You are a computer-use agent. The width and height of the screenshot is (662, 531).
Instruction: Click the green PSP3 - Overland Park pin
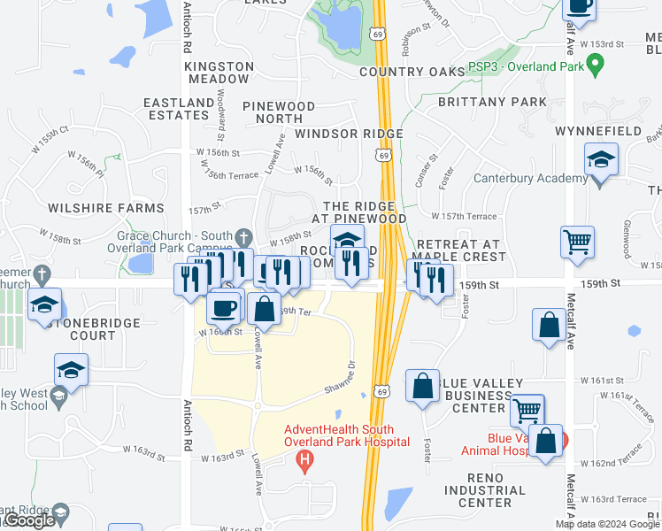pyautogui.click(x=595, y=66)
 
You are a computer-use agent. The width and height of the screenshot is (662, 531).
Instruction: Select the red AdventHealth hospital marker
pyautogui.click(x=305, y=460)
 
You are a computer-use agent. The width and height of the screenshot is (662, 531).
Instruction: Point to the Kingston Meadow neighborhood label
pyautogui.click(x=218, y=73)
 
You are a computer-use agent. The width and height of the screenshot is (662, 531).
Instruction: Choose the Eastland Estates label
pyautogui.click(x=179, y=109)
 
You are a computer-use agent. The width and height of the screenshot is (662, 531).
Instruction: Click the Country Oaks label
pyautogui.click(x=413, y=71)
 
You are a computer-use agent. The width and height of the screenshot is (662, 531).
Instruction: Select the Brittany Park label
pyautogui.click(x=492, y=102)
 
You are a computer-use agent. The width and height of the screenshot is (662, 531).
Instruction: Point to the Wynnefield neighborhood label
pyautogui.click(x=610, y=131)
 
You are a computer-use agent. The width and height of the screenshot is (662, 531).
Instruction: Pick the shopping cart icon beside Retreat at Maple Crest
pyautogui.click(x=577, y=242)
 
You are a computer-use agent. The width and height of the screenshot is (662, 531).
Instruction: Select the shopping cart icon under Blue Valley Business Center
pyautogui.click(x=527, y=410)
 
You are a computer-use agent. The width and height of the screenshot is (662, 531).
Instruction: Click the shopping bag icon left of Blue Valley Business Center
pyautogui.click(x=423, y=386)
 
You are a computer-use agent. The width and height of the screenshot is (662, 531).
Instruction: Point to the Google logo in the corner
pyautogui.click(x=28, y=520)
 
